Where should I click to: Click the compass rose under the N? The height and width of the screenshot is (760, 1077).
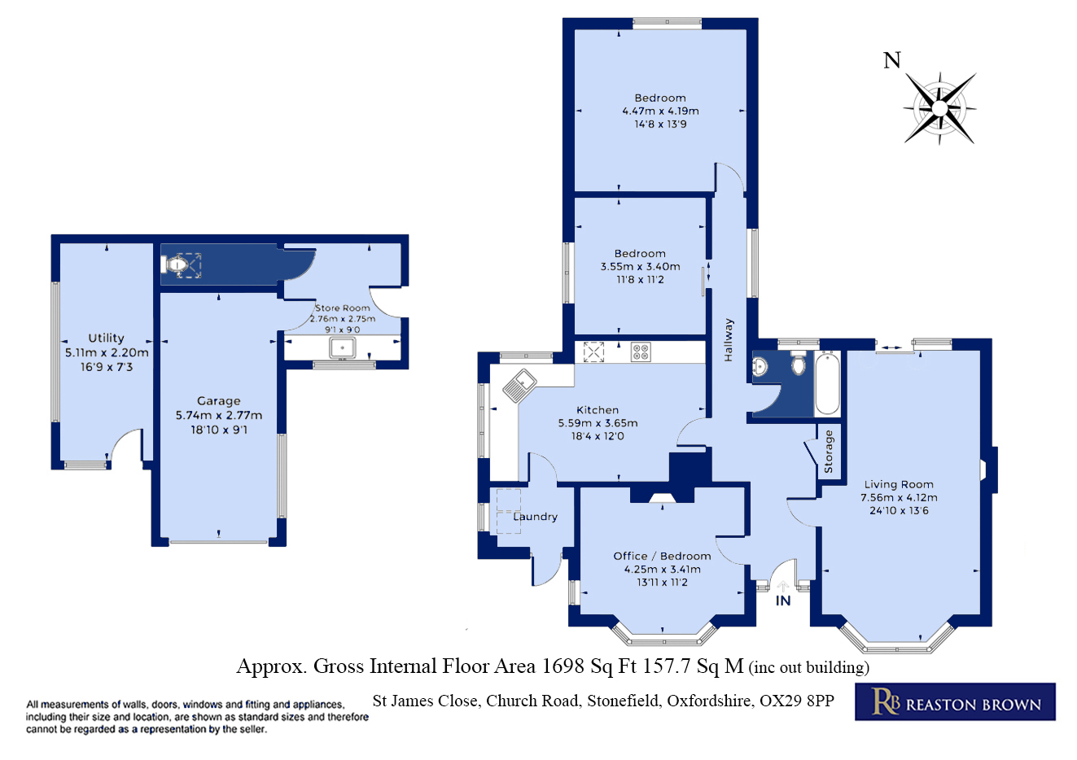(x=940, y=107)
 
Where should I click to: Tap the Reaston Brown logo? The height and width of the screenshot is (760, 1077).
(x=955, y=702)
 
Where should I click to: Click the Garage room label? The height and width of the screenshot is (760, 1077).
(x=218, y=401)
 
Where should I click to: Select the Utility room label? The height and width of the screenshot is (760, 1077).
(x=106, y=338)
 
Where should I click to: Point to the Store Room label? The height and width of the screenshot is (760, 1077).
(x=342, y=308)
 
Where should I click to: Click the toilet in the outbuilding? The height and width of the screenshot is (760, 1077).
(x=177, y=264)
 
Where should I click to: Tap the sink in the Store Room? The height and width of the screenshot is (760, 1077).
(x=343, y=348)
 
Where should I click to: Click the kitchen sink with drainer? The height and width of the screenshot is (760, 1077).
(x=518, y=385)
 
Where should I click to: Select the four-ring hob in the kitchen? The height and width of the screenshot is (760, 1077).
(x=641, y=352)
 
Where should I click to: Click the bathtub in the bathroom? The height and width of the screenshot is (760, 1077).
(x=827, y=383)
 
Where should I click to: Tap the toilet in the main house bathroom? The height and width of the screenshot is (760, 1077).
(x=798, y=365)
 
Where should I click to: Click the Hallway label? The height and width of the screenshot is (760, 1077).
(x=729, y=340)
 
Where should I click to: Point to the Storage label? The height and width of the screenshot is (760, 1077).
(x=829, y=452)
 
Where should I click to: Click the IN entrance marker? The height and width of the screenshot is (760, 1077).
(x=783, y=601)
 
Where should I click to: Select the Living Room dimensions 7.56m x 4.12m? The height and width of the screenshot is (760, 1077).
(x=899, y=497)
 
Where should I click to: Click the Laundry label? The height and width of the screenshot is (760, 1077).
(x=535, y=517)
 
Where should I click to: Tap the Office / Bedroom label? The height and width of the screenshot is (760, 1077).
(x=662, y=557)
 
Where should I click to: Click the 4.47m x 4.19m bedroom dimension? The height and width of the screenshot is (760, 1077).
(x=660, y=111)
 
